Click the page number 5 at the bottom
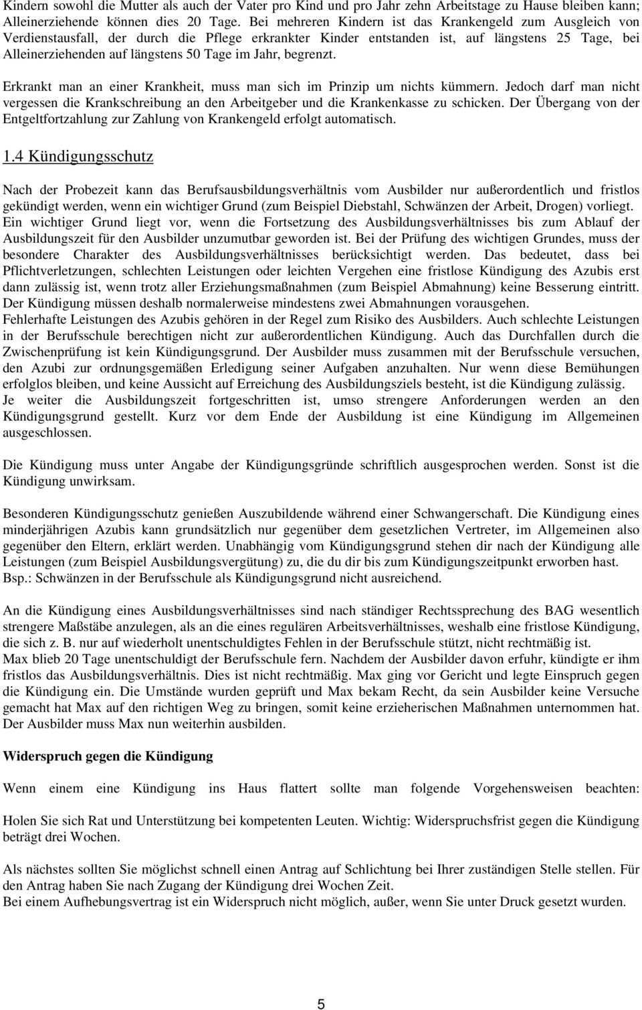pyautogui.click(x=321, y=1003)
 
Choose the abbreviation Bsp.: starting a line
pyautogui.click(x=18, y=579)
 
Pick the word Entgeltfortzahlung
pyautogui.click(x=64, y=119)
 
